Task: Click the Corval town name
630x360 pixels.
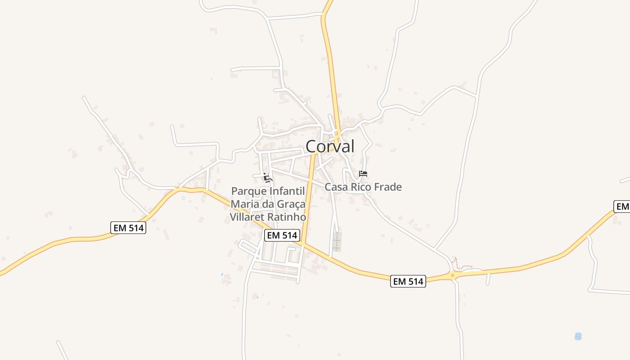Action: point(330,146)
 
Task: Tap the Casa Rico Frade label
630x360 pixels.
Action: point(363,187)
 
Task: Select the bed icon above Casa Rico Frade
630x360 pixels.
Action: point(363,173)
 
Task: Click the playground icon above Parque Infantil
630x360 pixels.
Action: point(268,178)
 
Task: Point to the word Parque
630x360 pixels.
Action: point(248,191)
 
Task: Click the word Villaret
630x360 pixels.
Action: point(247,217)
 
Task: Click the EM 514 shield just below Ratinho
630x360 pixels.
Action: point(282,235)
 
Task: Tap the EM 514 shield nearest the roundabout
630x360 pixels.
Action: point(408,281)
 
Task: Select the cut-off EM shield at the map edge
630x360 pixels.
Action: point(622,207)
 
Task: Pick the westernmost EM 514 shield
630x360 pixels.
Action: point(128,228)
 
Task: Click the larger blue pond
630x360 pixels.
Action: point(578,336)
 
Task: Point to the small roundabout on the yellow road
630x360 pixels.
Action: point(453,275)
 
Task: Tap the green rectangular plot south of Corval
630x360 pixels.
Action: point(337,242)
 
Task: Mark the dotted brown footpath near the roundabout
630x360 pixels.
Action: point(461,265)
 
